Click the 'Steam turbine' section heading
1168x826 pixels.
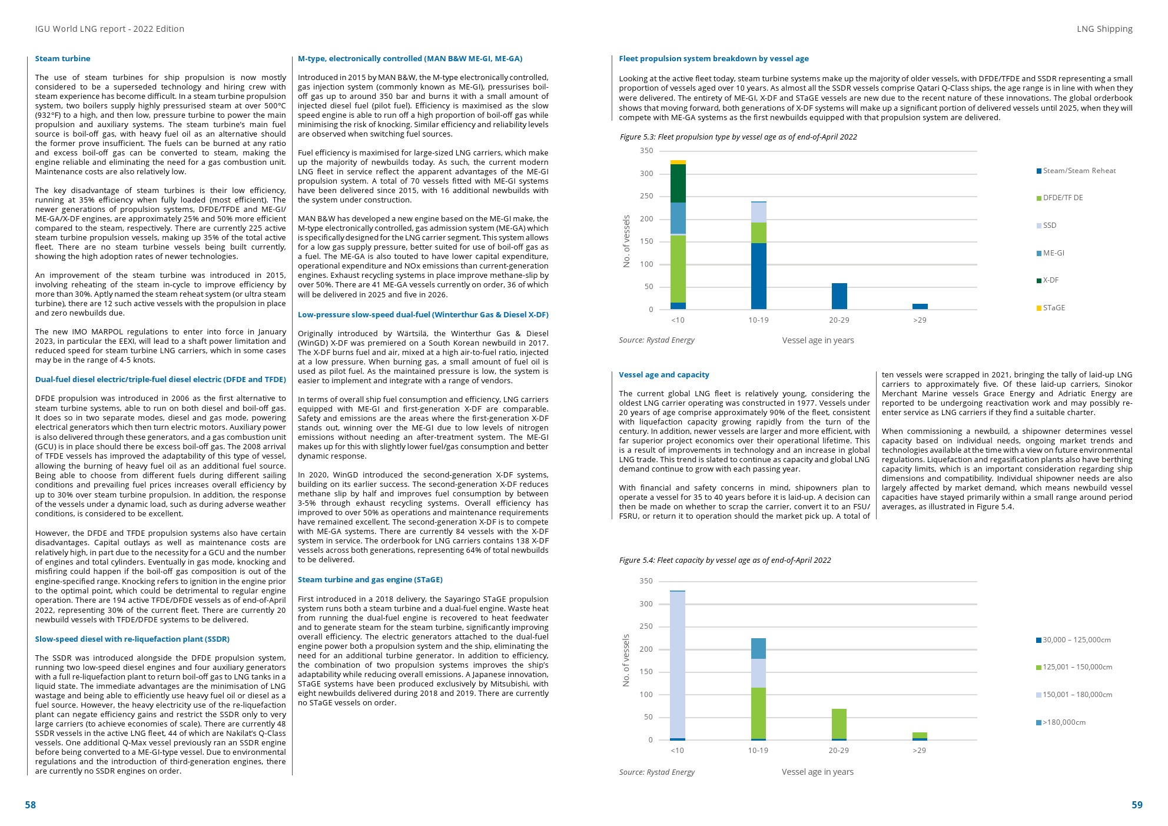(62, 58)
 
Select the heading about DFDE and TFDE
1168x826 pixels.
(160, 379)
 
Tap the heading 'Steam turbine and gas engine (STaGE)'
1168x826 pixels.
(370, 579)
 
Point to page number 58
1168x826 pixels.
(30, 805)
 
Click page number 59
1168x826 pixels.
(1136, 805)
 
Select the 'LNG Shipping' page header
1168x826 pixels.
(1104, 29)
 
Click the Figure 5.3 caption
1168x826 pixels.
(738, 137)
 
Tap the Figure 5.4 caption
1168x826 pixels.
(724, 560)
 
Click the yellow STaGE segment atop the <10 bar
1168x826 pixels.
(678, 162)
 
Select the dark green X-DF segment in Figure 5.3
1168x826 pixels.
(678, 183)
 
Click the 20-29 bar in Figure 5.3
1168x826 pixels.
(839, 296)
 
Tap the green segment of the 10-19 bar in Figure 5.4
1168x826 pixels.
(758, 713)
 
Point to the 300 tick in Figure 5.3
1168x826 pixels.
(646, 174)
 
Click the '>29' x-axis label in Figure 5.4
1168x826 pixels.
(919, 750)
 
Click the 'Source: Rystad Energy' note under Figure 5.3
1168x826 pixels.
(656, 340)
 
